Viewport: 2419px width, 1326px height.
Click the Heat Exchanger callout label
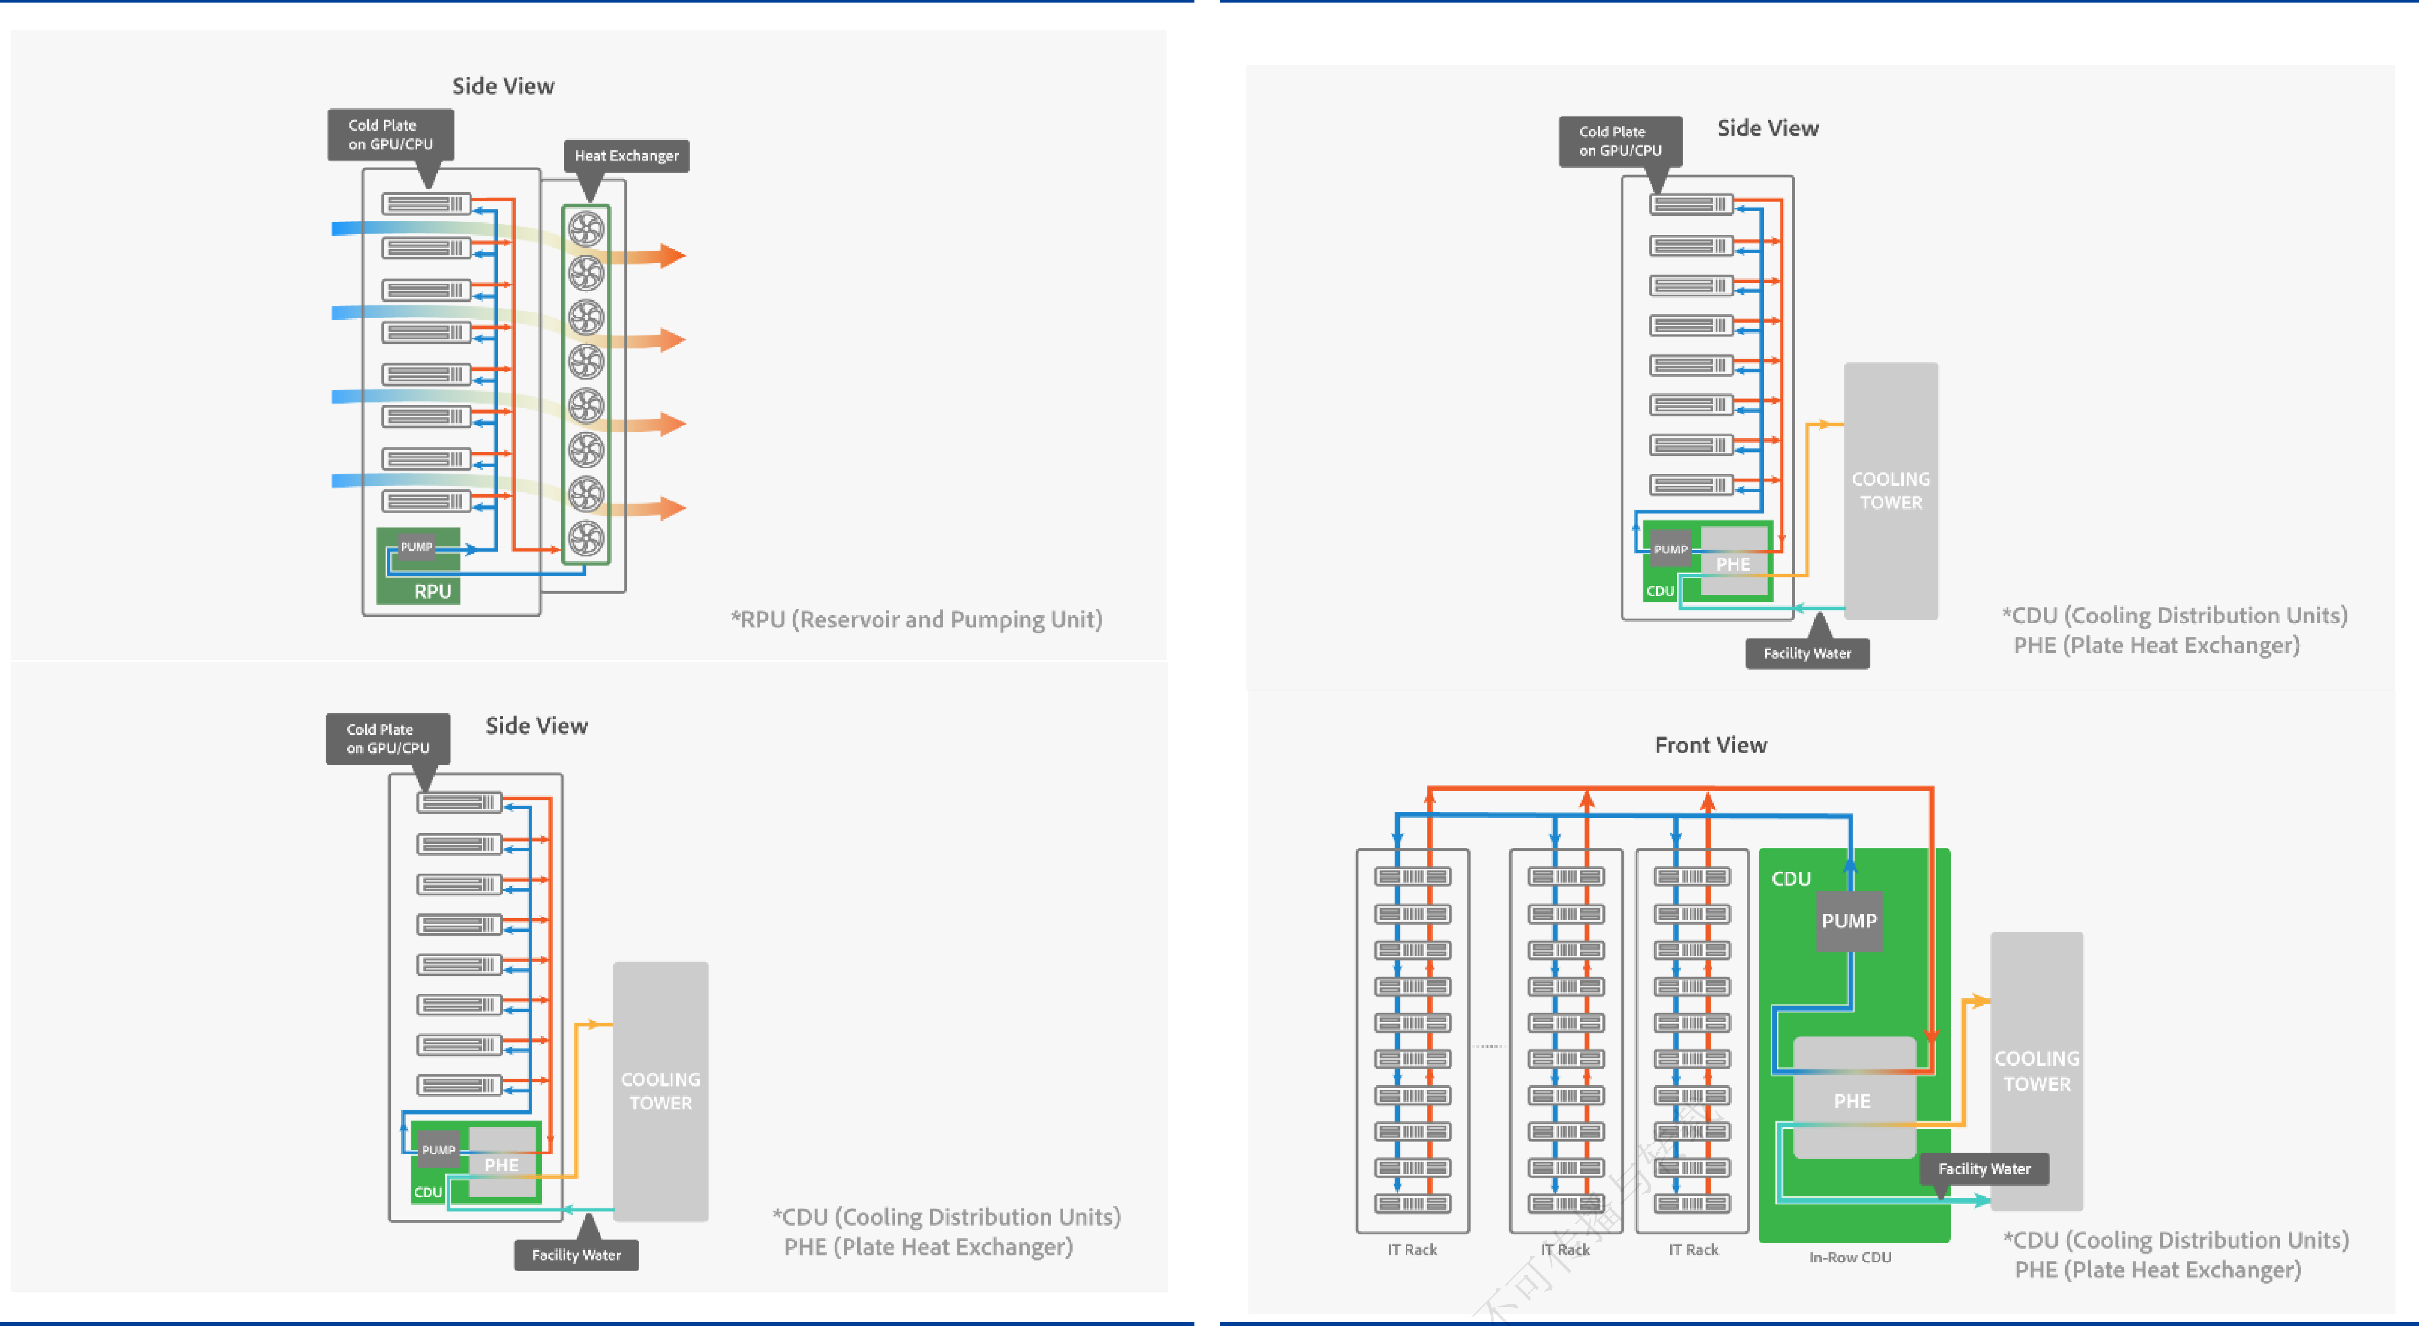click(627, 156)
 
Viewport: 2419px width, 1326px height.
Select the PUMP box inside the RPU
click(416, 546)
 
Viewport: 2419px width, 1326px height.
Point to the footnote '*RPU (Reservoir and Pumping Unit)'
click(916, 620)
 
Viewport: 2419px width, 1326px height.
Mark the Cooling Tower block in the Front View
click(2036, 1071)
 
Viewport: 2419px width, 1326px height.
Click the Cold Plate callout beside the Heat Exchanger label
click(391, 134)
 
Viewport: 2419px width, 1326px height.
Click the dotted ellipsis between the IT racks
click(1489, 1045)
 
